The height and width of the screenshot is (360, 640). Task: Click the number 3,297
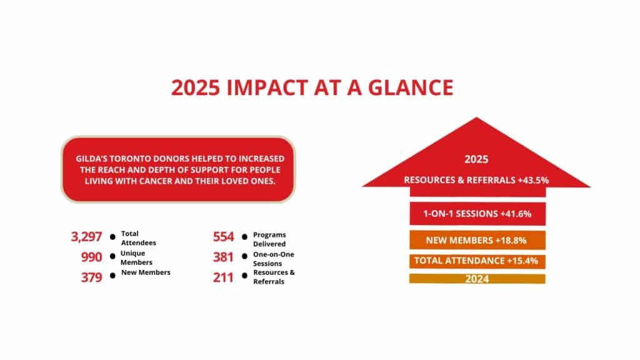tap(87, 237)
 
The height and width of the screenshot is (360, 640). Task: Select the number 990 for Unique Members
tap(92, 257)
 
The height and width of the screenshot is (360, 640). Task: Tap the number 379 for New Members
tap(92, 277)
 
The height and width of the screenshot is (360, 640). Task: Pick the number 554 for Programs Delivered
tap(223, 237)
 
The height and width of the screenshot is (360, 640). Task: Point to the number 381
tap(223, 257)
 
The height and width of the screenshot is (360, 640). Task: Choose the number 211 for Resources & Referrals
tap(223, 277)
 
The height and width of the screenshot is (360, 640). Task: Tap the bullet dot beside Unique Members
tap(112, 257)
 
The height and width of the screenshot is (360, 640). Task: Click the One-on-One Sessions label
tap(271, 257)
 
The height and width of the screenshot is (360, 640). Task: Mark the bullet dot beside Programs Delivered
tap(244, 237)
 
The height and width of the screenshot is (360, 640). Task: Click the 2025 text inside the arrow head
tap(476, 159)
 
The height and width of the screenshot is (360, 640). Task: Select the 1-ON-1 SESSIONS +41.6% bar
tap(477, 214)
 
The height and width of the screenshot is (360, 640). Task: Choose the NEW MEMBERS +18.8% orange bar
tap(477, 241)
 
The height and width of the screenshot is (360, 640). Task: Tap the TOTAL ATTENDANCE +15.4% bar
tap(477, 261)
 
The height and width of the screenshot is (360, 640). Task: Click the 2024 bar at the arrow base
tap(477, 279)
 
